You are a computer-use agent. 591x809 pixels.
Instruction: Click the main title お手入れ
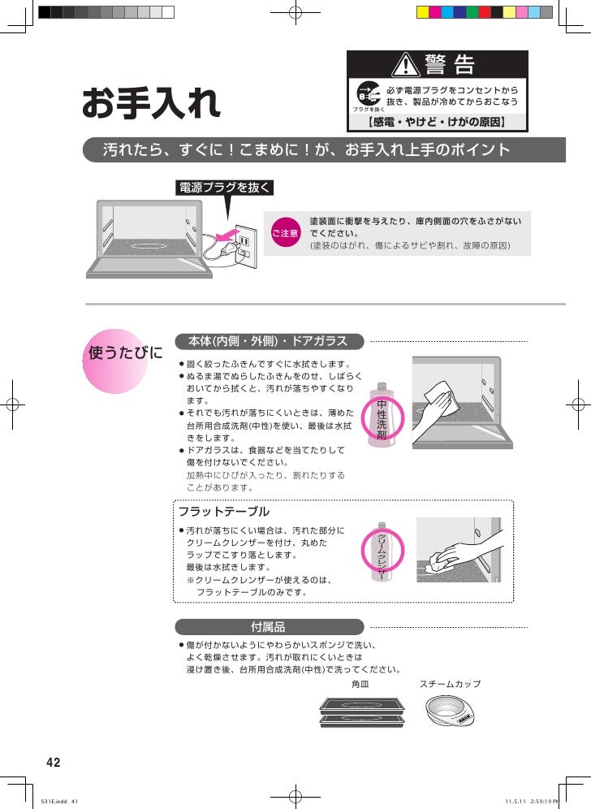[151, 102]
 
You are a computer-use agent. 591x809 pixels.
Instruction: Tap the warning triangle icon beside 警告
[406, 64]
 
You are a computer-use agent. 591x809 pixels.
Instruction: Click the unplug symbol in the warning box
[369, 93]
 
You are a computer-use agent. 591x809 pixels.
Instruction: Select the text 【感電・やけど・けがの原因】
[437, 122]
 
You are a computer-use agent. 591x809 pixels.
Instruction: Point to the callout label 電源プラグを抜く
[224, 188]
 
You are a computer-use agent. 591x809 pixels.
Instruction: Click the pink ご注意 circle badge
[285, 233]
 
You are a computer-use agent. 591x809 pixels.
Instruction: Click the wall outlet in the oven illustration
[245, 247]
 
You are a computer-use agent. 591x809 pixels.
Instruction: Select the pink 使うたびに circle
[115, 361]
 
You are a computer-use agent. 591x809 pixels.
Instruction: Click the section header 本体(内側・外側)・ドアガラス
[270, 342]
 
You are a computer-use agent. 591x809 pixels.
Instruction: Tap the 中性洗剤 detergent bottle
[382, 415]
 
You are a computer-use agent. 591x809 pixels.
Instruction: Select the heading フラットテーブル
[224, 511]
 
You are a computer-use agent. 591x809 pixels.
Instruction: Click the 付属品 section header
[270, 627]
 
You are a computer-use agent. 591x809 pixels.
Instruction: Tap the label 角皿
[360, 684]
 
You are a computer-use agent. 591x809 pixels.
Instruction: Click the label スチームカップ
[450, 684]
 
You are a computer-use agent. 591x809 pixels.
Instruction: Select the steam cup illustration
[450, 711]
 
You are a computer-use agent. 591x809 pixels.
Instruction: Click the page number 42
[53, 763]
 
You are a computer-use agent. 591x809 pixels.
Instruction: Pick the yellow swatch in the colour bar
[422, 12]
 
